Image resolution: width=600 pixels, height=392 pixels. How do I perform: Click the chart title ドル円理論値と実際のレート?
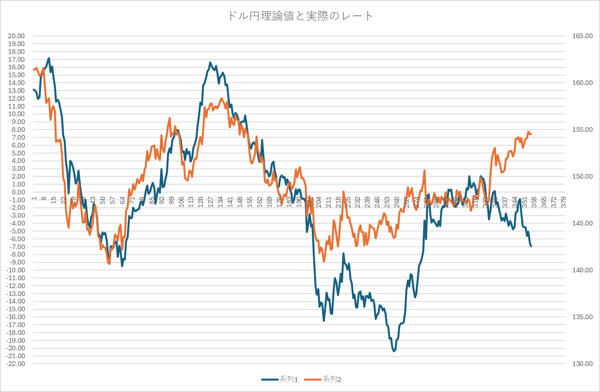pos(300,16)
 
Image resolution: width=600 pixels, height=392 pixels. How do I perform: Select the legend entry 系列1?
pos(288,379)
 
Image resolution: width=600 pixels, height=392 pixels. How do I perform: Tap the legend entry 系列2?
pos(331,379)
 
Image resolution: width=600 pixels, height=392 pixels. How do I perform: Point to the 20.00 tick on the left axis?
pos(16,36)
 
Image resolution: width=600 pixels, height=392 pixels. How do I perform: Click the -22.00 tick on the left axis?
pos(15,364)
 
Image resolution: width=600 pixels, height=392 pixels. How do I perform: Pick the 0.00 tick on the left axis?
pos(18,192)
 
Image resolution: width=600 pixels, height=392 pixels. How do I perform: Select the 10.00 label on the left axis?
pos(16,114)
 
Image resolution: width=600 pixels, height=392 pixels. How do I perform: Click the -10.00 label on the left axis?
pos(15,270)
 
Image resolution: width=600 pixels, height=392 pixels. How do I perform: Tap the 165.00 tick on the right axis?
pos(582,36)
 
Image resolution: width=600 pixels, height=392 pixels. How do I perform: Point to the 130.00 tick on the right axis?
pos(582,364)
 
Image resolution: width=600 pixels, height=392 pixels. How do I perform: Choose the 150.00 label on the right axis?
pos(582,176)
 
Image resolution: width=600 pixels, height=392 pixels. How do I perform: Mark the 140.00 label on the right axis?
pos(582,270)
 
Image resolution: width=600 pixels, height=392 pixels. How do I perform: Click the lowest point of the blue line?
pos(394,351)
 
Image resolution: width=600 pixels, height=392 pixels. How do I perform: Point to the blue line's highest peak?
pos(49,58)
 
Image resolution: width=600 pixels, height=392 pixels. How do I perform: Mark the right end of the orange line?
pos(531,134)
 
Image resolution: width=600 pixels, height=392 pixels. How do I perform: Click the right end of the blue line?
pos(531,246)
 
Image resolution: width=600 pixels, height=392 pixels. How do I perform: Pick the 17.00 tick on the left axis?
pos(16,59)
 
